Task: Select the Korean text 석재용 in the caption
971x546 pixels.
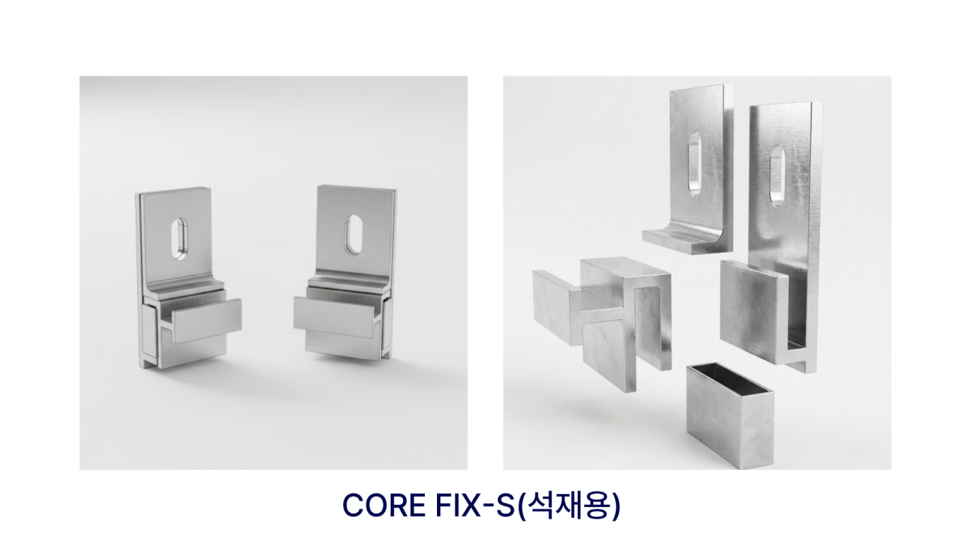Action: coord(571,505)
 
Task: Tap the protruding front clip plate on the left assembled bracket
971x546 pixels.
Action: coord(206,320)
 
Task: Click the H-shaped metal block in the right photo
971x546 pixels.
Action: coord(615,320)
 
